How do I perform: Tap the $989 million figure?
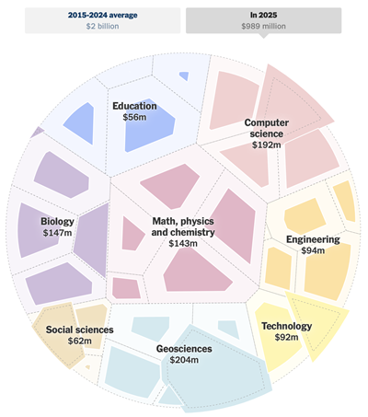click(x=264, y=27)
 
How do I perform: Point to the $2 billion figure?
click(x=104, y=27)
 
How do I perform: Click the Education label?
click(x=134, y=106)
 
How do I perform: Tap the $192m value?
click(x=267, y=145)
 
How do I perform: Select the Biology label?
click(x=57, y=222)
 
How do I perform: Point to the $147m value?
click(x=57, y=233)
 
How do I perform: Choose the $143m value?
click(x=183, y=244)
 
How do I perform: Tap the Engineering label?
click(x=313, y=239)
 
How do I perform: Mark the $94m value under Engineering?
click(x=313, y=250)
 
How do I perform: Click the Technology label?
click(x=286, y=326)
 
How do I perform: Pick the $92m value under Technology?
click(x=286, y=338)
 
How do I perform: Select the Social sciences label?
click(x=80, y=330)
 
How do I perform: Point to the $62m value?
click(x=80, y=342)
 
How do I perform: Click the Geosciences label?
click(x=184, y=349)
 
